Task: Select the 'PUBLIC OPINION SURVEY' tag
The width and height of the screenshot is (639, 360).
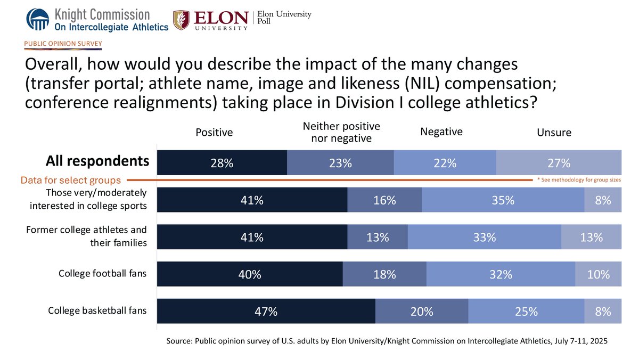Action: click(x=63, y=43)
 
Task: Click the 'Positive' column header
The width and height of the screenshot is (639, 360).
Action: click(x=214, y=132)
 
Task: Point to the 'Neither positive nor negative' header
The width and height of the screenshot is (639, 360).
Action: click(x=341, y=132)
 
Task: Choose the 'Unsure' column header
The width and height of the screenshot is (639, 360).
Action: click(x=554, y=133)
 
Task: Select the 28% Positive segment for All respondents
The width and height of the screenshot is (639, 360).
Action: click(x=222, y=163)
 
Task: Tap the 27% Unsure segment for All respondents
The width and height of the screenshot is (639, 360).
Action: click(x=558, y=163)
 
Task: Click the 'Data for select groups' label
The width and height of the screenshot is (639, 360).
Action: click(x=71, y=181)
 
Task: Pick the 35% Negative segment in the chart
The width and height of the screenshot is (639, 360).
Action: click(x=503, y=200)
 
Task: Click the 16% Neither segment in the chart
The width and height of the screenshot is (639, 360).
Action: click(x=384, y=200)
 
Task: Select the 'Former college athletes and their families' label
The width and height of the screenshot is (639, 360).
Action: click(x=86, y=236)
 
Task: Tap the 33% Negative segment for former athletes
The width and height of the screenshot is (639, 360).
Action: click(x=484, y=238)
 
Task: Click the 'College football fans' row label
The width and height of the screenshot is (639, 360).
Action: click(x=102, y=274)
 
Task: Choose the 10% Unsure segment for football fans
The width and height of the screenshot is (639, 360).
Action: click(x=598, y=274)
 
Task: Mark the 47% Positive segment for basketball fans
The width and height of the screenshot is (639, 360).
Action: click(x=266, y=312)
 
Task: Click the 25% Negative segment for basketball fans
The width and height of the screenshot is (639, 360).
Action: click(x=526, y=312)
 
